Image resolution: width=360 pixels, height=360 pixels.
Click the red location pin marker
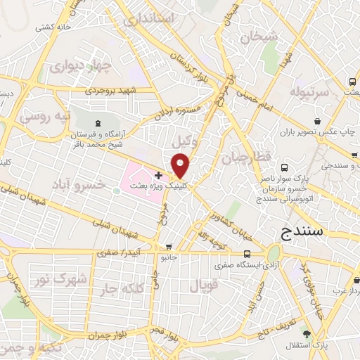[181, 165]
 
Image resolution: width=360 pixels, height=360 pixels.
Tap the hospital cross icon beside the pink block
[159, 175]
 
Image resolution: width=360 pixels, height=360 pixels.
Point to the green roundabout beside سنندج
[273, 252]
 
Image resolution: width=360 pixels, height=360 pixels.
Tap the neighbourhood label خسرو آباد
[78, 184]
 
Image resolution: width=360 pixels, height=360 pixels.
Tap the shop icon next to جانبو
[168, 247]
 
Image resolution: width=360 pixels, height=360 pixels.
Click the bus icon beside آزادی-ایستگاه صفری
[246, 254]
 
